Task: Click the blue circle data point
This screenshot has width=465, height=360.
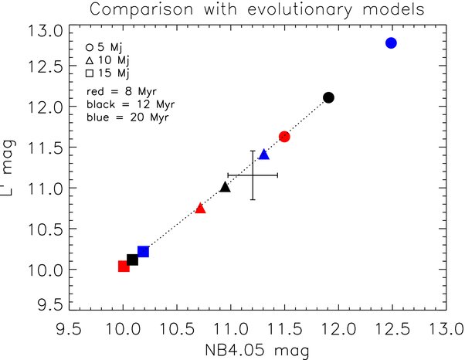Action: coord(391,42)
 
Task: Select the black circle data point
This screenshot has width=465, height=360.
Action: coord(328,97)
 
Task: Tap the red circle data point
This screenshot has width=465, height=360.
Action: coord(284,137)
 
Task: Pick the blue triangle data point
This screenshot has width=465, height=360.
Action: coord(264,155)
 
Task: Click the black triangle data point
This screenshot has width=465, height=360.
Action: coord(225,187)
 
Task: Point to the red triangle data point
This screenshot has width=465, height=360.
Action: coord(201,208)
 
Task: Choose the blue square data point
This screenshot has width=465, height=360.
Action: coord(143,252)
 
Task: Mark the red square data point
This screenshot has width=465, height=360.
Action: coord(124,267)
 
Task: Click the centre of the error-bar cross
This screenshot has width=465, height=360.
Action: coord(253,175)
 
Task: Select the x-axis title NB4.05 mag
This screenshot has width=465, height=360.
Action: coord(255,351)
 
